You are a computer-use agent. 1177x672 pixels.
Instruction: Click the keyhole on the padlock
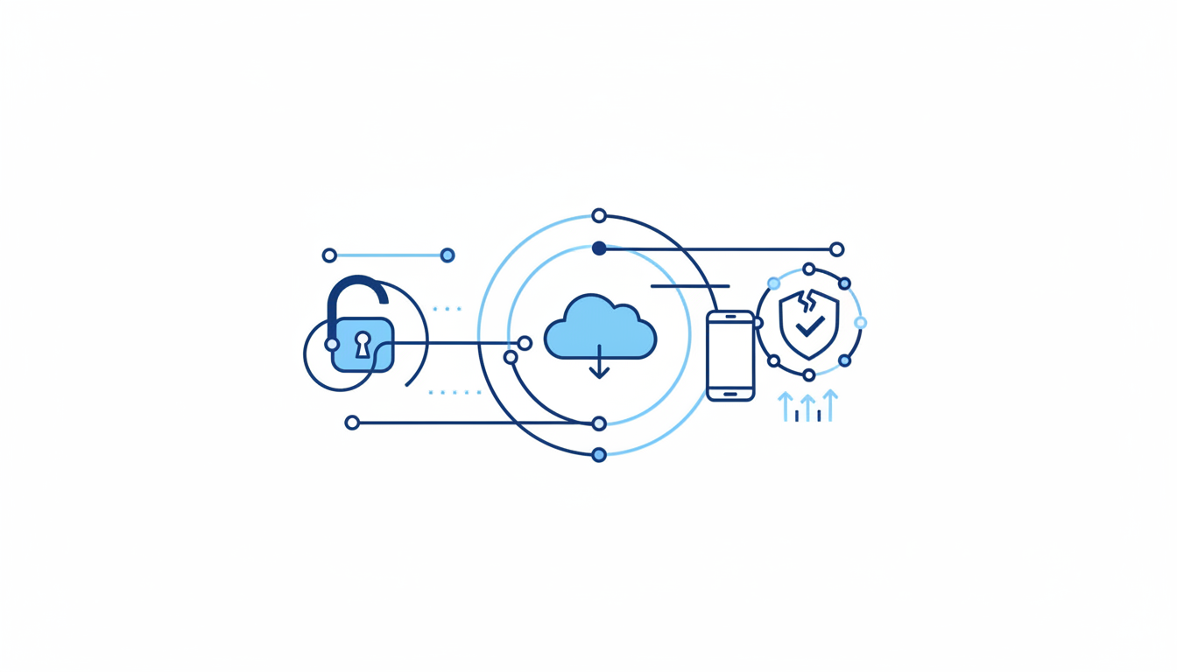pyautogui.click(x=363, y=343)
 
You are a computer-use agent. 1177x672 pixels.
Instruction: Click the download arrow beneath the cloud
pyautogui.click(x=599, y=364)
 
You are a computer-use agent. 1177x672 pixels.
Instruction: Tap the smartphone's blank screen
pyautogui.click(x=730, y=354)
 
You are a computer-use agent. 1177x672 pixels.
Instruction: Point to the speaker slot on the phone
pyautogui.click(x=730, y=317)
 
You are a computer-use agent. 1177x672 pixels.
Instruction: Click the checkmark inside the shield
pyautogui.click(x=810, y=327)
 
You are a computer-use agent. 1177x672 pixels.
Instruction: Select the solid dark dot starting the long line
pyautogui.click(x=599, y=248)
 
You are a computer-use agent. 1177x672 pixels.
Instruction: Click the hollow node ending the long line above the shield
pyautogui.click(x=836, y=249)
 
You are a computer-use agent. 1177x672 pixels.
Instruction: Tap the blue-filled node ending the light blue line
pyautogui.click(x=448, y=255)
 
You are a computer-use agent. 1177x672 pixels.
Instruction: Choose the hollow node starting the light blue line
pyautogui.click(x=329, y=255)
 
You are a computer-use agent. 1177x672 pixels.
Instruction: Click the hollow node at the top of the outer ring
pyautogui.click(x=599, y=215)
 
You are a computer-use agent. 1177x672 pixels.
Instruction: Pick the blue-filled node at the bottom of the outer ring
pyautogui.click(x=599, y=455)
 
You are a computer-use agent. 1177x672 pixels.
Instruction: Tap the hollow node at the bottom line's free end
pyautogui.click(x=352, y=423)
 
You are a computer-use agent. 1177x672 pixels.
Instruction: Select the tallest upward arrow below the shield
pyautogui.click(x=830, y=405)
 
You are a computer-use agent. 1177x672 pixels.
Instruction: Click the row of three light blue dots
pyautogui.click(x=447, y=309)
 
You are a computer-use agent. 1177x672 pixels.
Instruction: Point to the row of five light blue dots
pyautogui.click(x=455, y=393)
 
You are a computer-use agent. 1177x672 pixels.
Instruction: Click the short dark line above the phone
pyautogui.click(x=690, y=286)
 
